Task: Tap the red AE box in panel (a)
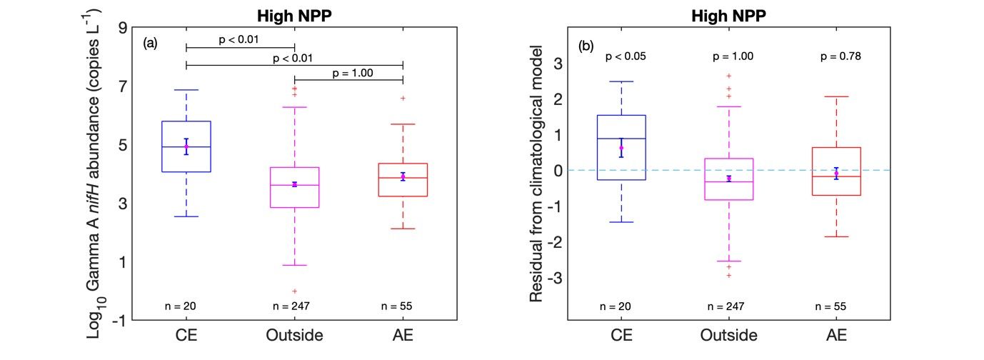pos(403,179)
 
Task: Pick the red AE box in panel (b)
pos(836,171)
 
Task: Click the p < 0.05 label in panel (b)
pos(626,56)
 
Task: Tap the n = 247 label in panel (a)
pos(291,306)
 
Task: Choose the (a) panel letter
pos(150,43)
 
